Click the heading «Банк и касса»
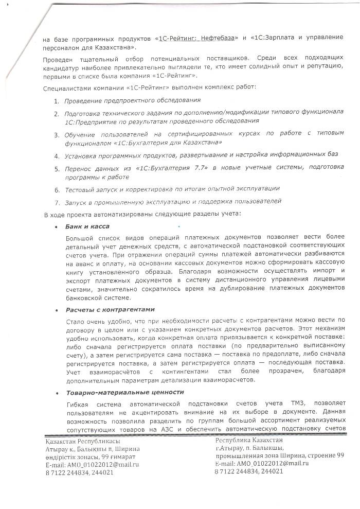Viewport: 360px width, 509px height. tap(87, 226)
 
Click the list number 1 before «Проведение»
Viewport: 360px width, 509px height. tap(57, 100)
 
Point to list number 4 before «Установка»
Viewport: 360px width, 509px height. tap(57, 155)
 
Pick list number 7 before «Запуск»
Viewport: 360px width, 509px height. tap(57, 201)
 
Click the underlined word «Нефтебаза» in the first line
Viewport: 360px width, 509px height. tap(216, 39)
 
